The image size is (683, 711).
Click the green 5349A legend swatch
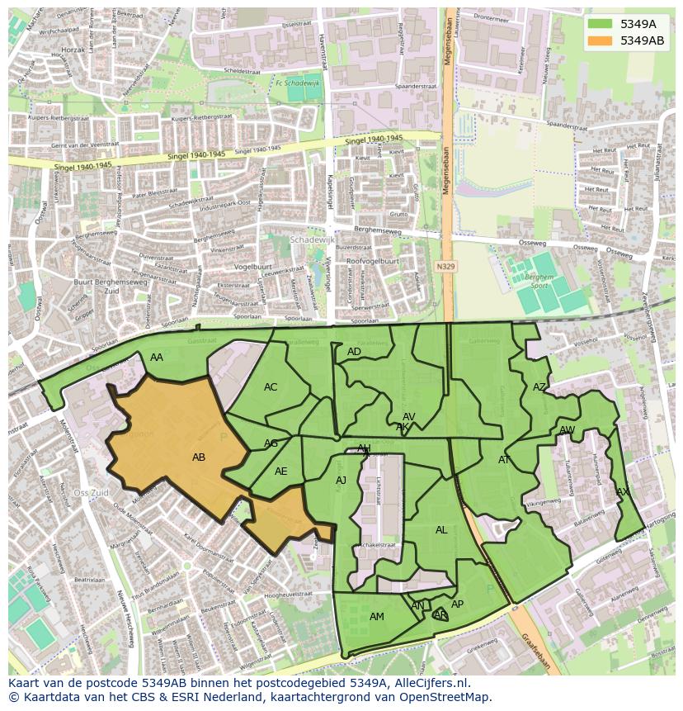pos(599,25)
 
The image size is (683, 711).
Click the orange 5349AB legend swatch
pos(599,40)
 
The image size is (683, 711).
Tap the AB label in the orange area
pos(199,457)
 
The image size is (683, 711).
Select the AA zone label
pos(157,358)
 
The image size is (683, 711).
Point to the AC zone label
pos(271,387)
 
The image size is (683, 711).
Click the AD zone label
pos(354,352)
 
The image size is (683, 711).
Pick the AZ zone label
pos(539,387)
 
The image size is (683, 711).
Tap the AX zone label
pos(623,492)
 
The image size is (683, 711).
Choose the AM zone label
pos(377,617)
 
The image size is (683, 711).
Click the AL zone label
pos(441,530)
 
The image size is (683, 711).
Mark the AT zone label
pos(504,460)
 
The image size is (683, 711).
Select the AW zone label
pos(567,430)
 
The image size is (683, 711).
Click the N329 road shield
pos(446,267)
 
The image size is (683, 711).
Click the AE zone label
pos(281,472)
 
